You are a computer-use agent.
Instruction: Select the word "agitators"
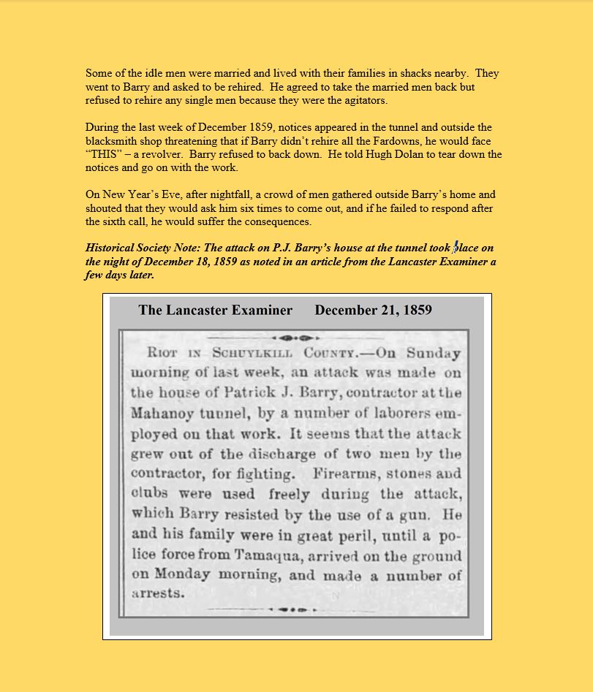click(x=363, y=100)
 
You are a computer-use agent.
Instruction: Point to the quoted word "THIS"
click(x=105, y=154)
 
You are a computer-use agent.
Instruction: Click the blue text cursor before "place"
click(x=456, y=248)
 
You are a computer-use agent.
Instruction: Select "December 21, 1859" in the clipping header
click(x=373, y=310)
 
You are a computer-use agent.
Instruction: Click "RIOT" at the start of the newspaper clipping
click(x=163, y=353)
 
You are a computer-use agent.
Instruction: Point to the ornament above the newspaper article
click(x=297, y=338)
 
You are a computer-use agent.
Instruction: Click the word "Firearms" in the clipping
click(x=344, y=473)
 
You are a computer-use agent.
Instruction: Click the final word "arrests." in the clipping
click(x=159, y=593)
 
